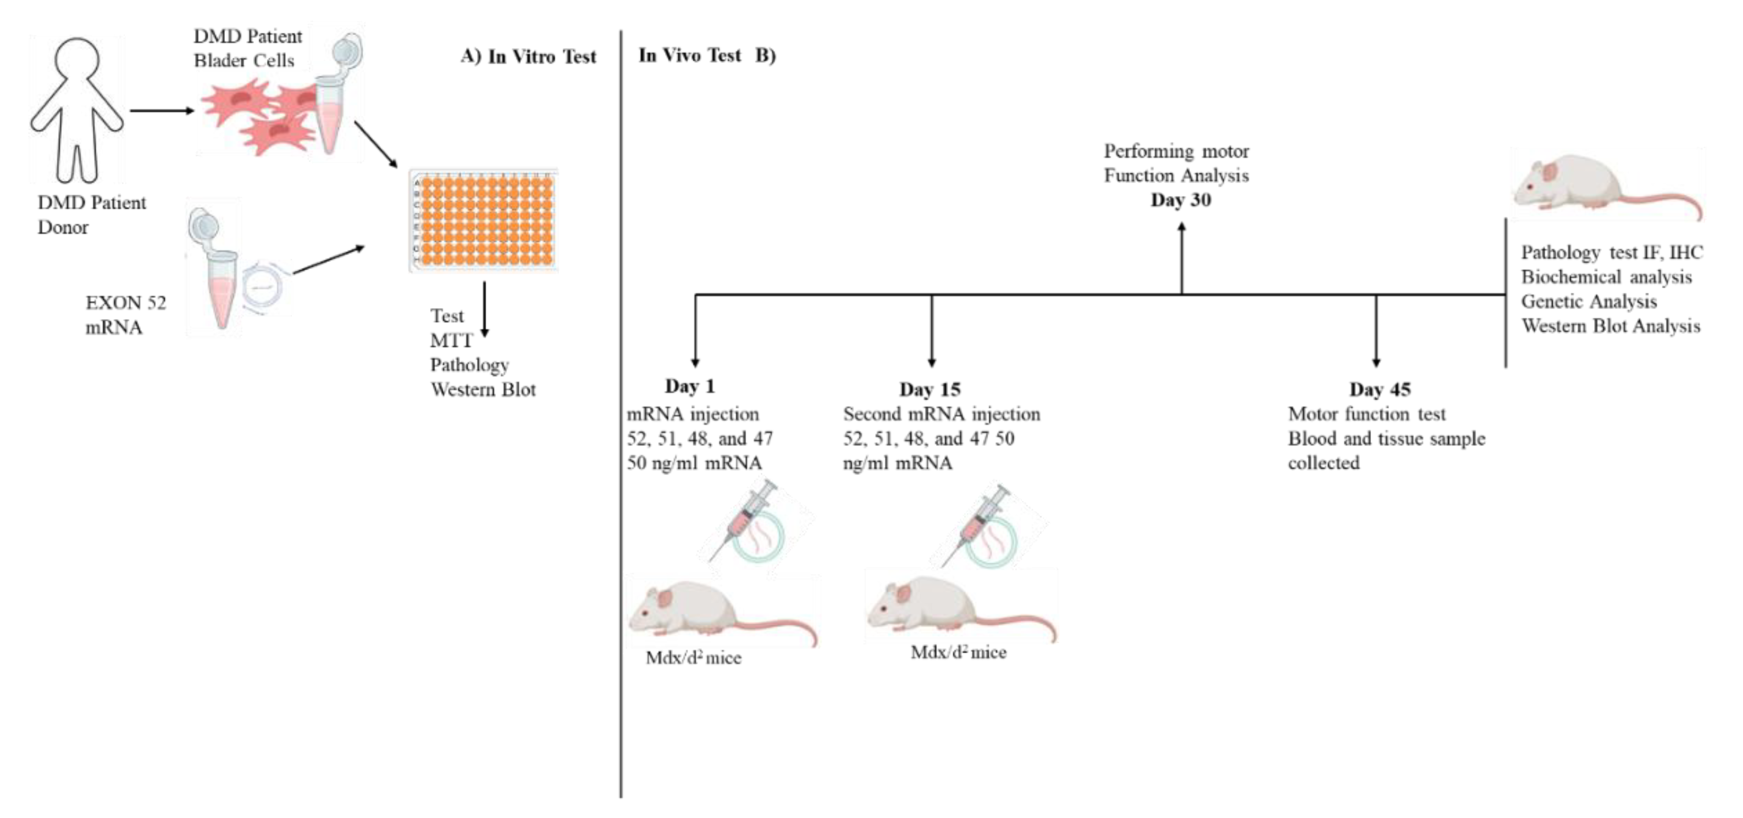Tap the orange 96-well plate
click(x=483, y=221)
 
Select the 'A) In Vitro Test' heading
click(x=528, y=56)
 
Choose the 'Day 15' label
click(x=930, y=389)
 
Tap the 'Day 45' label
click(x=1380, y=389)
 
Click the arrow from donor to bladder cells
click(x=162, y=110)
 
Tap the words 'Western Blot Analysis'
click(x=1610, y=326)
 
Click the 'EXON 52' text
click(x=125, y=302)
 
